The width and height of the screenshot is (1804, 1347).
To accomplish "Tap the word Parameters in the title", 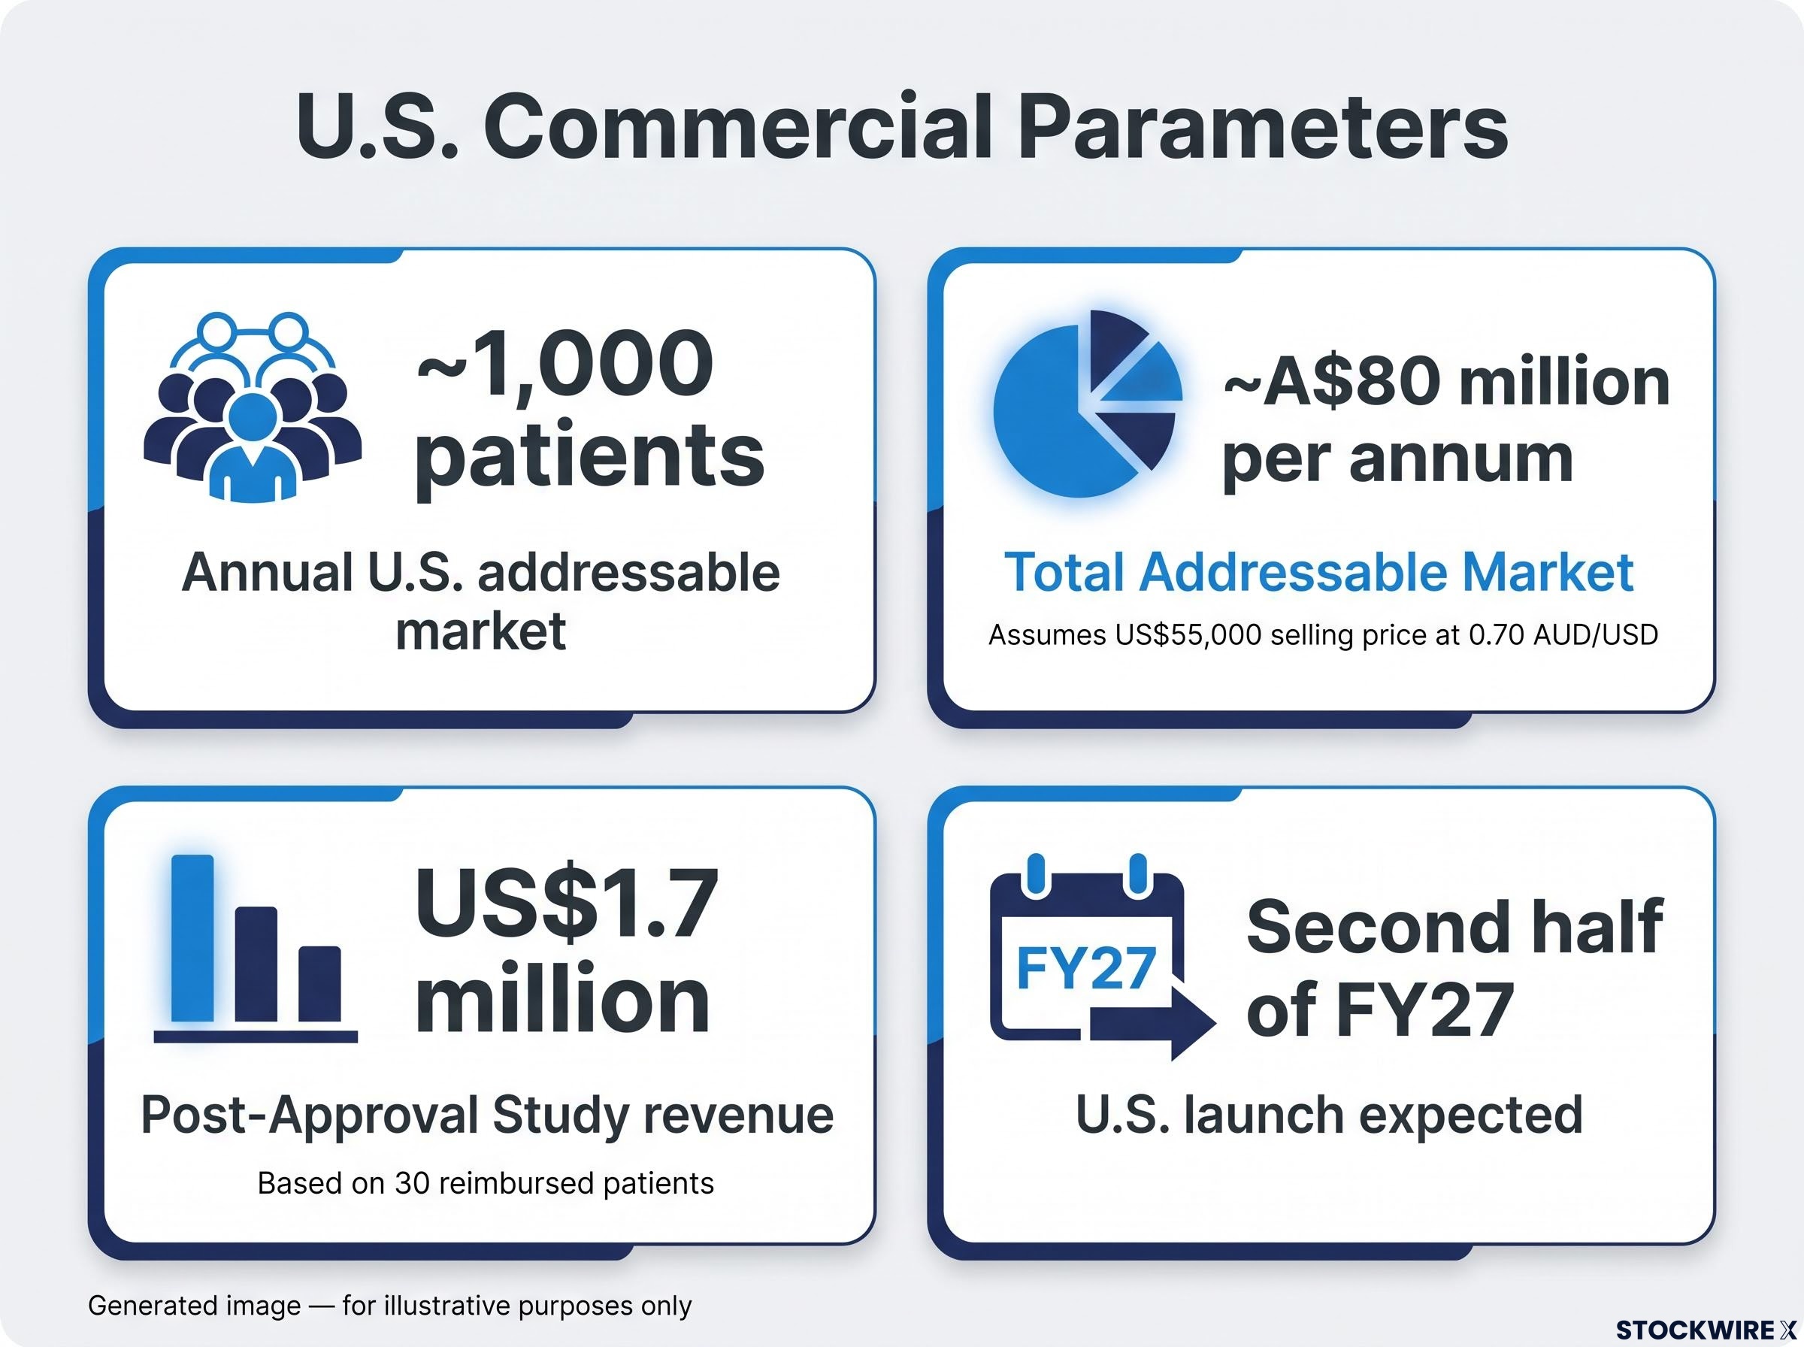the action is tap(1263, 128).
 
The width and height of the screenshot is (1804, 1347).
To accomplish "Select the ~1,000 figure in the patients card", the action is tap(565, 365).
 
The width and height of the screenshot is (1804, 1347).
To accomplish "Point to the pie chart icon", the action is tap(1088, 404).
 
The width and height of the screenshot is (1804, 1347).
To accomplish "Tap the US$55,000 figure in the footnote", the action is tap(1188, 634).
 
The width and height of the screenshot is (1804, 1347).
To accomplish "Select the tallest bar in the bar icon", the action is tap(193, 937).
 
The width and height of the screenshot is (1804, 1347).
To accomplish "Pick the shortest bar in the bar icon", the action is tap(319, 983).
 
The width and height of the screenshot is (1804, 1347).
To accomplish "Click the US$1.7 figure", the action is tap(568, 904).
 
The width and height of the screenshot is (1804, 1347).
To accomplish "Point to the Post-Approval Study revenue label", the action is tap(486, 1115).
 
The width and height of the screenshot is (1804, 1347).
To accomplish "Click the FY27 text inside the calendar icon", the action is tap(1087, 968).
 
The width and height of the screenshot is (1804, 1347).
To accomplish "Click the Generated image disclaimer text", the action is tap(389, 1306).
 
